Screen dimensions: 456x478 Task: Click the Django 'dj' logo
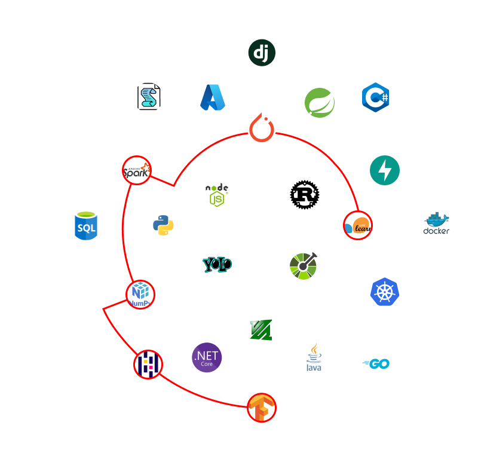(x=262, y=53)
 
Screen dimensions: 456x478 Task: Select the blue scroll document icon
(x=148, y=97)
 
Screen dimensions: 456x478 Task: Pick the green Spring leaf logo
(x=320, y=103)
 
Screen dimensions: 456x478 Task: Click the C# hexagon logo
(x=376, y=97)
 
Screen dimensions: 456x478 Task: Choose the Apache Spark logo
(x=137, y=170)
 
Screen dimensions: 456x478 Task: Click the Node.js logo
(x=217, y=195)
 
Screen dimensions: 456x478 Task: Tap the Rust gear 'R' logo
(x=305, y=195)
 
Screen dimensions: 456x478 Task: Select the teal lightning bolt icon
(x=385, y=170)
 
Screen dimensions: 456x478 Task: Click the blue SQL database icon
(x=86, y=226)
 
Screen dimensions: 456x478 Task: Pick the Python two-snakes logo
(x=163, y=226)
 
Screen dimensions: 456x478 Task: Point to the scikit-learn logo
(x=358, y=225)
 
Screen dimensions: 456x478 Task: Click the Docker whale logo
(x=437, y=225)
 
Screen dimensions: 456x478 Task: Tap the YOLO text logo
(x=217, y=265)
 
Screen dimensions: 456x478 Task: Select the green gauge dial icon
(x=305, y=265)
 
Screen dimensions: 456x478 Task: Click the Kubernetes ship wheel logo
(x=385, y=292)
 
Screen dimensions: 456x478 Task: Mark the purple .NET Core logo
(x=207, y=357)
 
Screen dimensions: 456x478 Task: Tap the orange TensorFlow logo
(x=262, y=408)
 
